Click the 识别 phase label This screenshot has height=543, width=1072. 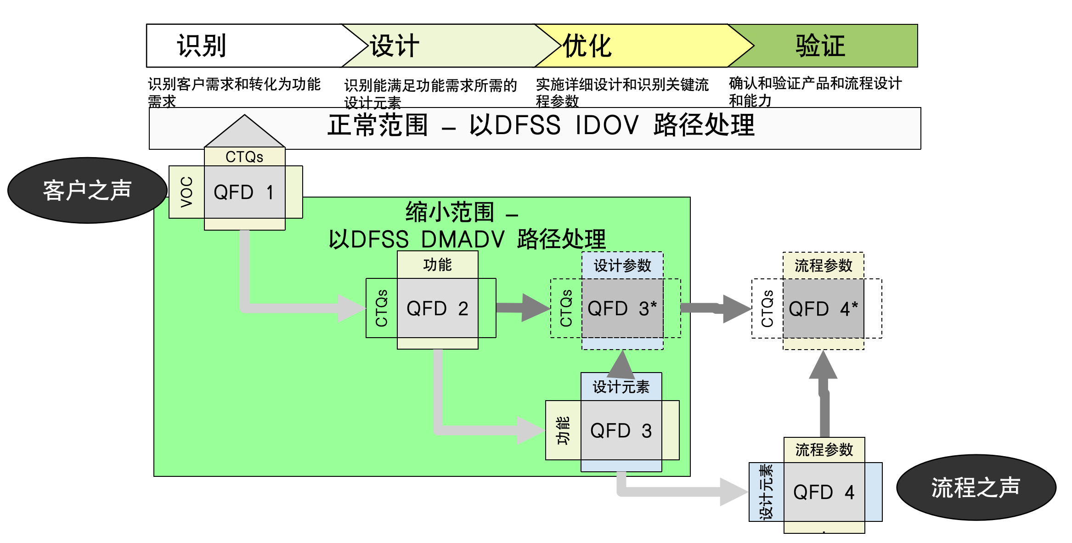point(202,46)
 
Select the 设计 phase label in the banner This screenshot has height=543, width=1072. point(395,46)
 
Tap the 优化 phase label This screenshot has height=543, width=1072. point(587,46)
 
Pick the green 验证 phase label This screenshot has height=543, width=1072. point(820,46)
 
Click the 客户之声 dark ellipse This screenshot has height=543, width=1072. point(87,190)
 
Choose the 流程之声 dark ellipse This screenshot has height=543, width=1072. point(976,487)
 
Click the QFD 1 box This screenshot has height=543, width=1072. point(244,192)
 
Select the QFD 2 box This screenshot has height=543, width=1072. point(437,308)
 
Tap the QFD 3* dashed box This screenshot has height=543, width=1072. point(622,308)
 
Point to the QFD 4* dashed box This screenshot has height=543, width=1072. point(823,309)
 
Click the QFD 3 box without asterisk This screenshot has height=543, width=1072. point(621,430)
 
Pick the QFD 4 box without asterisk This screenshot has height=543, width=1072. point(824,492)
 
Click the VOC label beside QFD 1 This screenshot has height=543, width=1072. point(186,192)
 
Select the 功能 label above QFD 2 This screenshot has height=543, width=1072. point(437,265)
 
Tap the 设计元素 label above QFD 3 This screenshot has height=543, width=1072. point(621,387)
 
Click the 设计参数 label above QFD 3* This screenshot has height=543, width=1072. point(622,266)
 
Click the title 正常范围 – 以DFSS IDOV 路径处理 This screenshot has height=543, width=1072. point(540,125)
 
